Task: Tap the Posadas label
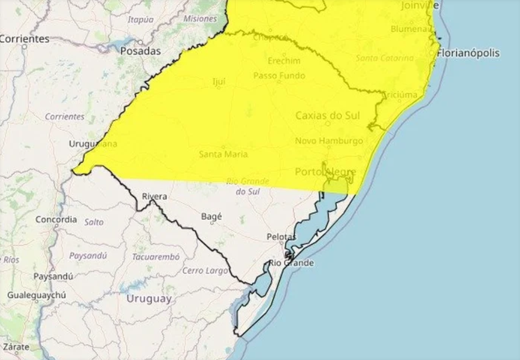pyautogui.click(x=141, y=51)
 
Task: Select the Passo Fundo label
pyautogui.click(x=279, y=75)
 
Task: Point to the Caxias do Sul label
pyautogui.click(x=328, y=116)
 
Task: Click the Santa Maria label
pyautogui.click(x=223, y=154)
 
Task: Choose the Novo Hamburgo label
pyautogui.click(x=329, y=141)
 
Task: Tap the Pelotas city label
pyautogui.click(x=281, y=237)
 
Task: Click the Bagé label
pyautogui.click(x=212, y=216)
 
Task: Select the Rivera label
pyautogui.click(x=155, y=196)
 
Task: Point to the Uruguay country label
pyautogui.click(x=149, y=298)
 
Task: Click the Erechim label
pyautogui.click(x=280, y=60)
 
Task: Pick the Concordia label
pyautogui.click(x=56, y=219)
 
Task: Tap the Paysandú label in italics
pyautogui.click(x=87, y=255)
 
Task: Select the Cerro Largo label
pyautogui.click(x=205, y=271)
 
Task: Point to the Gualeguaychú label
pyautogui.click(x=37, y=295)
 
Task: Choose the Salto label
pyautogui.click(x=93, y=222)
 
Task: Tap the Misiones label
pyautogui.click(x=200, y=19)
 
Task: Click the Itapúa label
pyautogui.click(x=140, y=19)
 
